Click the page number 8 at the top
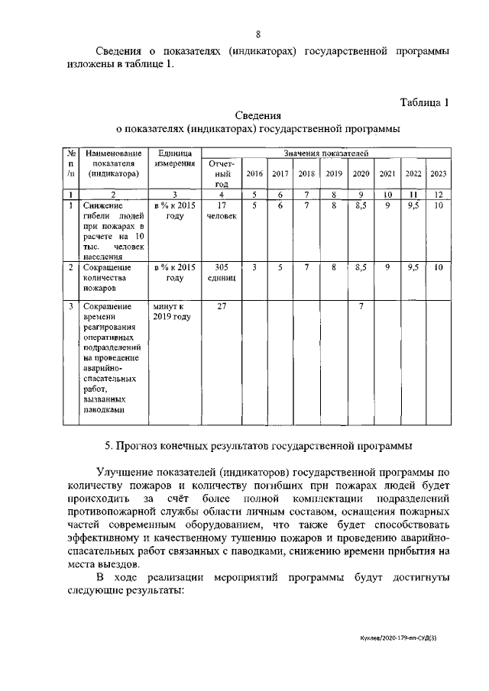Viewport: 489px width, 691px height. [258, 34]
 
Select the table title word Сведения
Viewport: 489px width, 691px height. [257, 115]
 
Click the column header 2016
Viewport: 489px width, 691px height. [254, 173]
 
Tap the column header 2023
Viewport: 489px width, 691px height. [439, 173]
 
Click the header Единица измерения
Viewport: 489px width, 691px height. [174, 159]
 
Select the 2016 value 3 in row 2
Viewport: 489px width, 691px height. [254, 267]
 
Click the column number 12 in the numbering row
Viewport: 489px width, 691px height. [439, 195]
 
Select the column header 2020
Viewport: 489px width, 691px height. [361, 173]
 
